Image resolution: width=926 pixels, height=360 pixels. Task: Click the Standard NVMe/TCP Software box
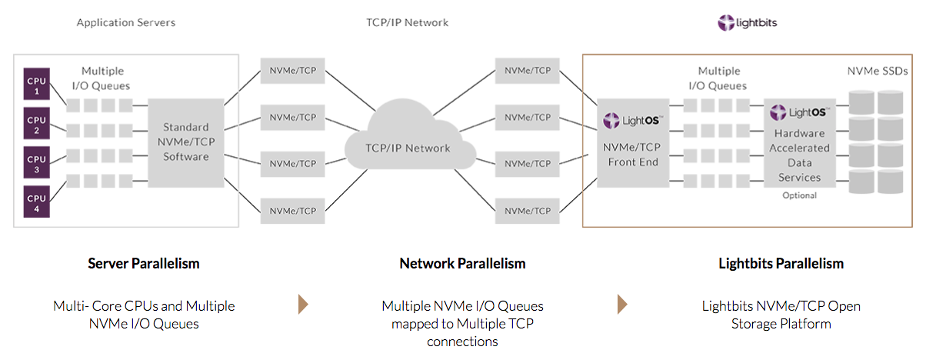click(185, 142)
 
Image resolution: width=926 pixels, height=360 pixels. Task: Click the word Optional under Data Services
click(800, 195)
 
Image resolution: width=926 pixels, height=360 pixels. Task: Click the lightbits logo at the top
click(748, 23)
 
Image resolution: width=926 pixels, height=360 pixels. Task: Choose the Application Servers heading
click(126, 23)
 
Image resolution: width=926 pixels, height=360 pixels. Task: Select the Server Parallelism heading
click(144, 264)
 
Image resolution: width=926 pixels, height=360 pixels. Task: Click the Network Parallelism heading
click(462, 264)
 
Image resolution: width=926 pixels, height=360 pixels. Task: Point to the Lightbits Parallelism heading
click(781, 264)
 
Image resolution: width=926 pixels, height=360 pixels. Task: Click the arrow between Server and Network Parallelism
click(303, 305)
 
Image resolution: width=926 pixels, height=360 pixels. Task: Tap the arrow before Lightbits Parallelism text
click(621, 305)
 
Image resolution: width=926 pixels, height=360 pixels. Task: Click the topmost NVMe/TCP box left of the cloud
click(292, 71)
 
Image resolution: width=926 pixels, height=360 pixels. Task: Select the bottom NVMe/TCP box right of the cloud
click(528, 210)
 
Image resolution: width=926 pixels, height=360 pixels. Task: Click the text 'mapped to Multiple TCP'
click(462, 323)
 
